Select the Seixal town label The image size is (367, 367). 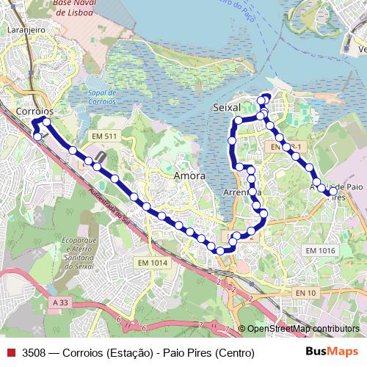225,107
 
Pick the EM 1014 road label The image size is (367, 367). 152,263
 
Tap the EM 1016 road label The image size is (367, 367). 320,251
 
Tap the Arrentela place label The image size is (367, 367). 241,192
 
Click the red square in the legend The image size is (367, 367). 10,353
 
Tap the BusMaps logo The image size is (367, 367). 330,352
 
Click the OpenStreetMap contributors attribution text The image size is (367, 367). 302,329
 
